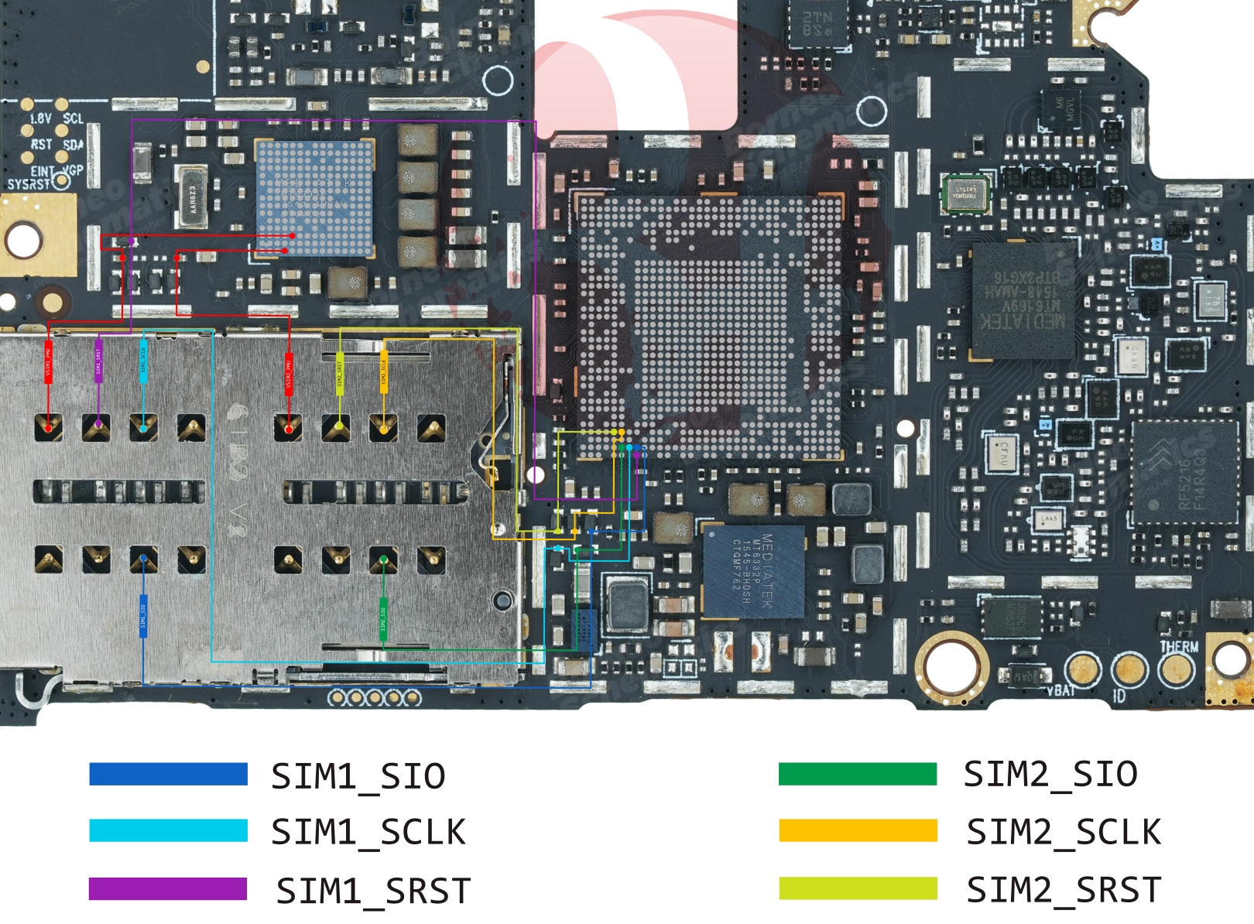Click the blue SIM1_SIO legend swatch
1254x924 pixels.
(x=168, y=775)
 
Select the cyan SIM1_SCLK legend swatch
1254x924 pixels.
(x=168, y=830)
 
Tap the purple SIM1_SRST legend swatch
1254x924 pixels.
(x=168, y=889)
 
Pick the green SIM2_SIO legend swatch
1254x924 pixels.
(x=858, y=774)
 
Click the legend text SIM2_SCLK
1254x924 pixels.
(x=1064, y=832)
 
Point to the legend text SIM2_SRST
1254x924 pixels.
(x=1064, y=890)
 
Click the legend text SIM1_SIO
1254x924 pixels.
(x=358, y=776)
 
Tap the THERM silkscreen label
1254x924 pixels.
(x=1178, y=646)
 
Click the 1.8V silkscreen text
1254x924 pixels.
(x=40, y=119)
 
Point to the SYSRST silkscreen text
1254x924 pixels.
(x=28, y=184)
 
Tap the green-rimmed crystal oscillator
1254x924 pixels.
(x=965, y=193)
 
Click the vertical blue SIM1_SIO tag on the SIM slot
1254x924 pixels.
(x=143, y=616)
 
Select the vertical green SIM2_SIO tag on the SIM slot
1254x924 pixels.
(x=383, y=618)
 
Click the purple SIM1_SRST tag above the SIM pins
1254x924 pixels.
(x=98, y=361)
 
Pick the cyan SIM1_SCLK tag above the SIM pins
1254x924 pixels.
(x=143, y=361)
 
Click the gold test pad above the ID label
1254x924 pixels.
(x=1129, y=669)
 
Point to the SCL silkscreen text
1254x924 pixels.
(x=73, y=118)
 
